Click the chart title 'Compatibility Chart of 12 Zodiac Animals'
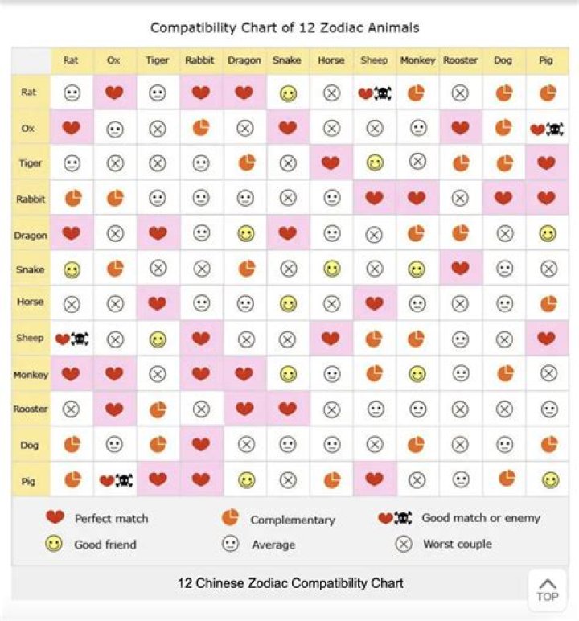pos(285,27)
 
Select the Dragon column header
pos(244,60)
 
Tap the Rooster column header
pos(460,60)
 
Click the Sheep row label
pos(31,339)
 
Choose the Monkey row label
pos(31,375)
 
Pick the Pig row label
pos(31,480)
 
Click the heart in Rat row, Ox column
pos(115,93)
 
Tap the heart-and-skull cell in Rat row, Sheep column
pos(374,93)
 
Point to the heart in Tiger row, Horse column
pos(331,163)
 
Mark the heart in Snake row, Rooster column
pos(460,269)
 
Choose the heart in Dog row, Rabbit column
pos(201,444)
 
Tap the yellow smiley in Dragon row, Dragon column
pos(245,234)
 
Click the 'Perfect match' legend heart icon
pos(55,518)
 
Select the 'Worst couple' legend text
pos(457,545)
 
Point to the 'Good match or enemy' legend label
pos(481,518)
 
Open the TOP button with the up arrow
pos(547,590)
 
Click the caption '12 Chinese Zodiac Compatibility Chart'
pos(290,582)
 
